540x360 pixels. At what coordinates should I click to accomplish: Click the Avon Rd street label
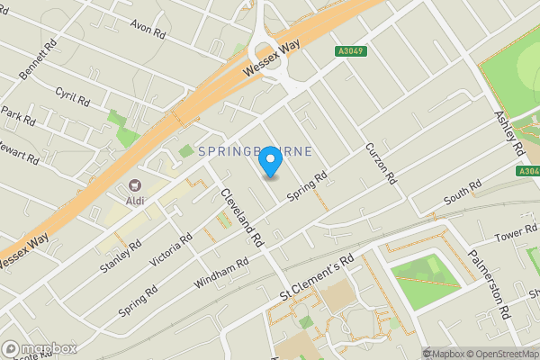pos(148,30)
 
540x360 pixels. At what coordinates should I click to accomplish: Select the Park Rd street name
pos(17,116)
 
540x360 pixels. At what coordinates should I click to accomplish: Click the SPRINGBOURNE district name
pos(255,152)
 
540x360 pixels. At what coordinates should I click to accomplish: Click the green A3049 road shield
pos(353,52)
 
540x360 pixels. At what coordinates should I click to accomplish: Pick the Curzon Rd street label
pos(382,164)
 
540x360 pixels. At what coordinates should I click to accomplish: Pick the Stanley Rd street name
pos(122,256)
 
